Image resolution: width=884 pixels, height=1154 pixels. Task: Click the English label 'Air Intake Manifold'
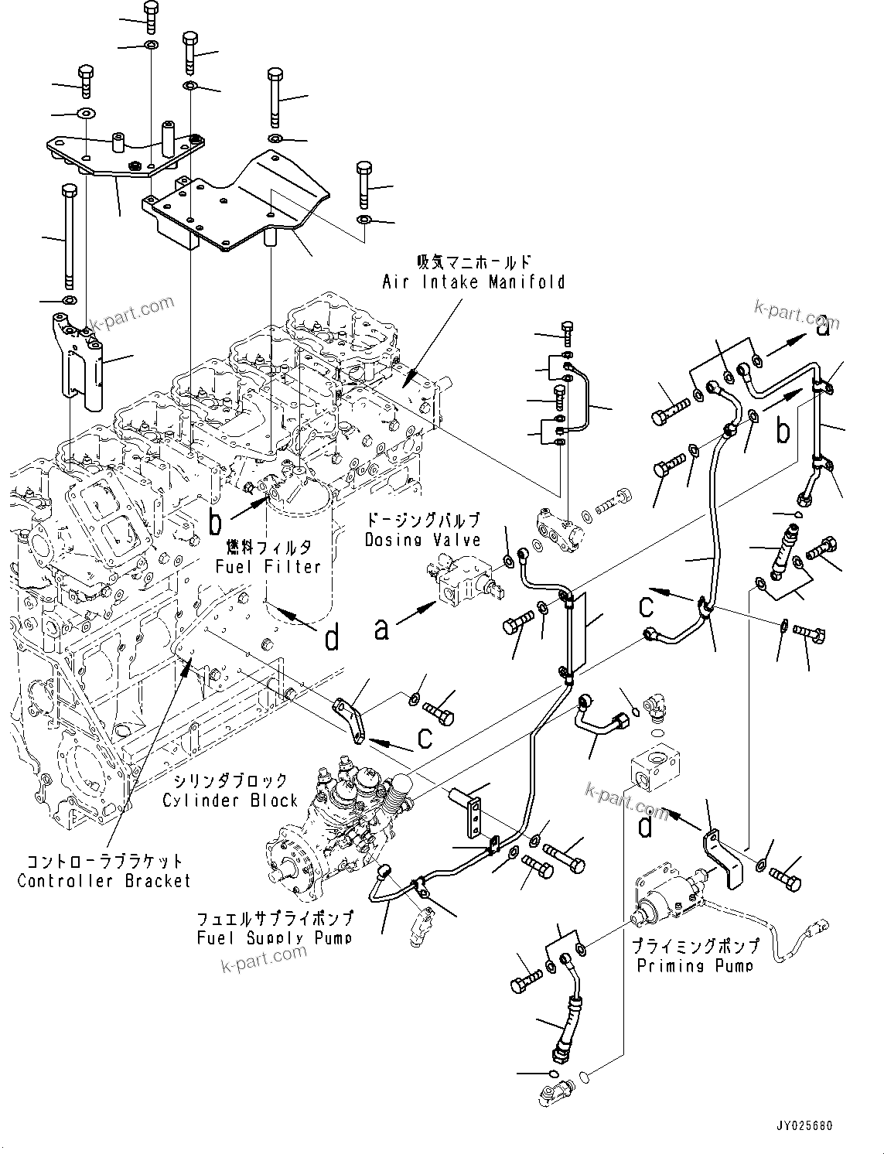[473, 282]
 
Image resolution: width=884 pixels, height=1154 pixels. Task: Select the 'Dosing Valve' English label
[422, 540]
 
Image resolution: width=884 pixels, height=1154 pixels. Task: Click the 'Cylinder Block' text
[230, 801]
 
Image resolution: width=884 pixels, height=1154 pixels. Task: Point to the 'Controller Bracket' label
[104, 881]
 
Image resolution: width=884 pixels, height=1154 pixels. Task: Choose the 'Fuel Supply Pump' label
[275, 938]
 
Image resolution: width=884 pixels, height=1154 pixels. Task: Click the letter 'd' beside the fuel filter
[331, 638]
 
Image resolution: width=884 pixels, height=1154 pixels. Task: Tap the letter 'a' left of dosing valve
[381, 629]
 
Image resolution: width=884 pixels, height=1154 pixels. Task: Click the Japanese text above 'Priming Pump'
[694, 946]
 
